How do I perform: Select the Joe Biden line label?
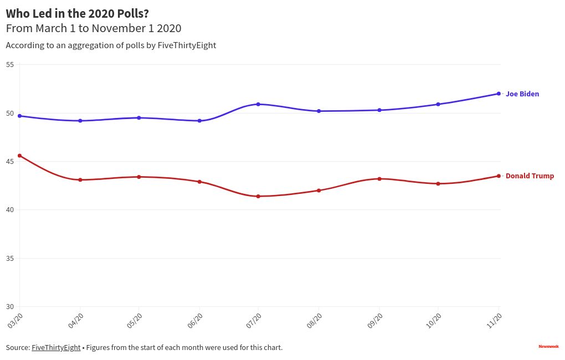[x=522, y=94]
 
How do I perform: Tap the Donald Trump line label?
[x=530, y=176]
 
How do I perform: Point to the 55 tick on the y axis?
[x=10, y=65]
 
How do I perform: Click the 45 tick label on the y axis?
[x=10, y=162]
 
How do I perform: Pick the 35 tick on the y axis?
[x=10, y=259]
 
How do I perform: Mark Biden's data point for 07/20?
[x=258, y=104]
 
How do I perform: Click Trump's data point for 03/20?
[x=20, y=156]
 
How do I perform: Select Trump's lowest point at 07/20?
[x=258, y=196]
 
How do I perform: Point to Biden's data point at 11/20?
[x=499, y=94]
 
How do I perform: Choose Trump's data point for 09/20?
[x=379, y=179]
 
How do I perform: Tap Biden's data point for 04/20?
[x=80, y=121]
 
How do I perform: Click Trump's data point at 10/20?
[x=438, y=183]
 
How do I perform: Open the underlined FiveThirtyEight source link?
[x=56, y=348]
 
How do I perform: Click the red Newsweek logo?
[x=548, y=347]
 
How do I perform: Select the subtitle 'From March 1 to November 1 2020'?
[x=94, y=28]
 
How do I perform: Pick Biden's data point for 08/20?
[x=319, y=111]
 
